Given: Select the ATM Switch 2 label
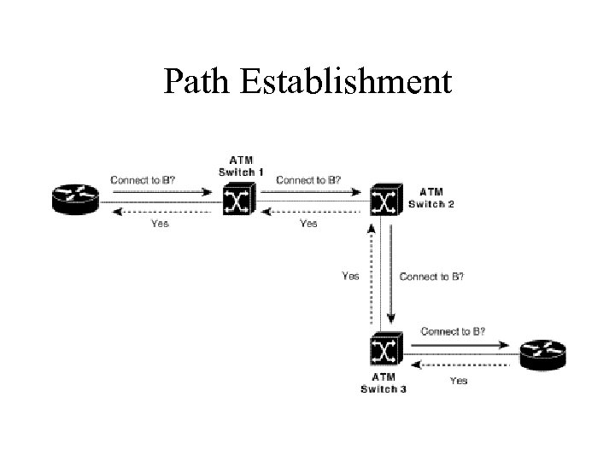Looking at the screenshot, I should click(x=431, y=197).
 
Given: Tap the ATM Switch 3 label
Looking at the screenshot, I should click(x=383, y=382).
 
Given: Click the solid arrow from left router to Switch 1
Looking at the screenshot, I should click(x=159, y=192).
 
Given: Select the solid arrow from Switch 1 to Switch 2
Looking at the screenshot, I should click(x=311, y=192).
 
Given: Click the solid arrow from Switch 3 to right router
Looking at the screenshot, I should click(x=458, y=344).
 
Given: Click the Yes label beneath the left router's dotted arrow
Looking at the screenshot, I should click(x=160, y=224).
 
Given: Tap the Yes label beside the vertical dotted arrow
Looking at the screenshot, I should click(x=350, y=276).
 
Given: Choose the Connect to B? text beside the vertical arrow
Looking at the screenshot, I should click(x=431, y=277).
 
